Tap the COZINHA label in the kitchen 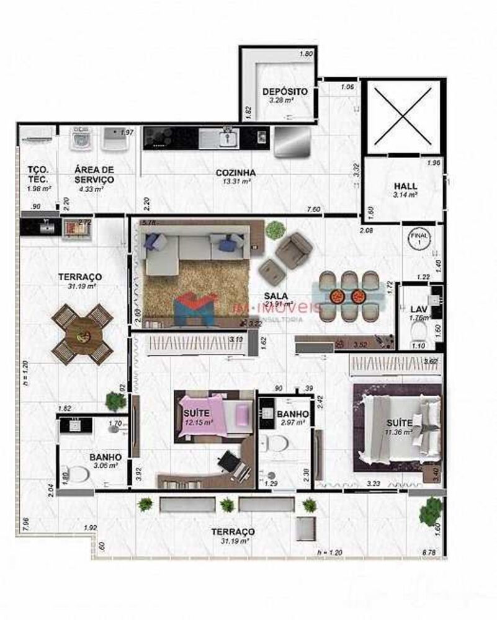[x=236, y=172]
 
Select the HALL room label [x=406, y=186]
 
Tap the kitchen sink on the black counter [x=227, y=137]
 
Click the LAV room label [x=418, y=309]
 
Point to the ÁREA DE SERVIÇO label [x=94, y=174]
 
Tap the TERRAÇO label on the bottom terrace [x=232, y=532]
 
